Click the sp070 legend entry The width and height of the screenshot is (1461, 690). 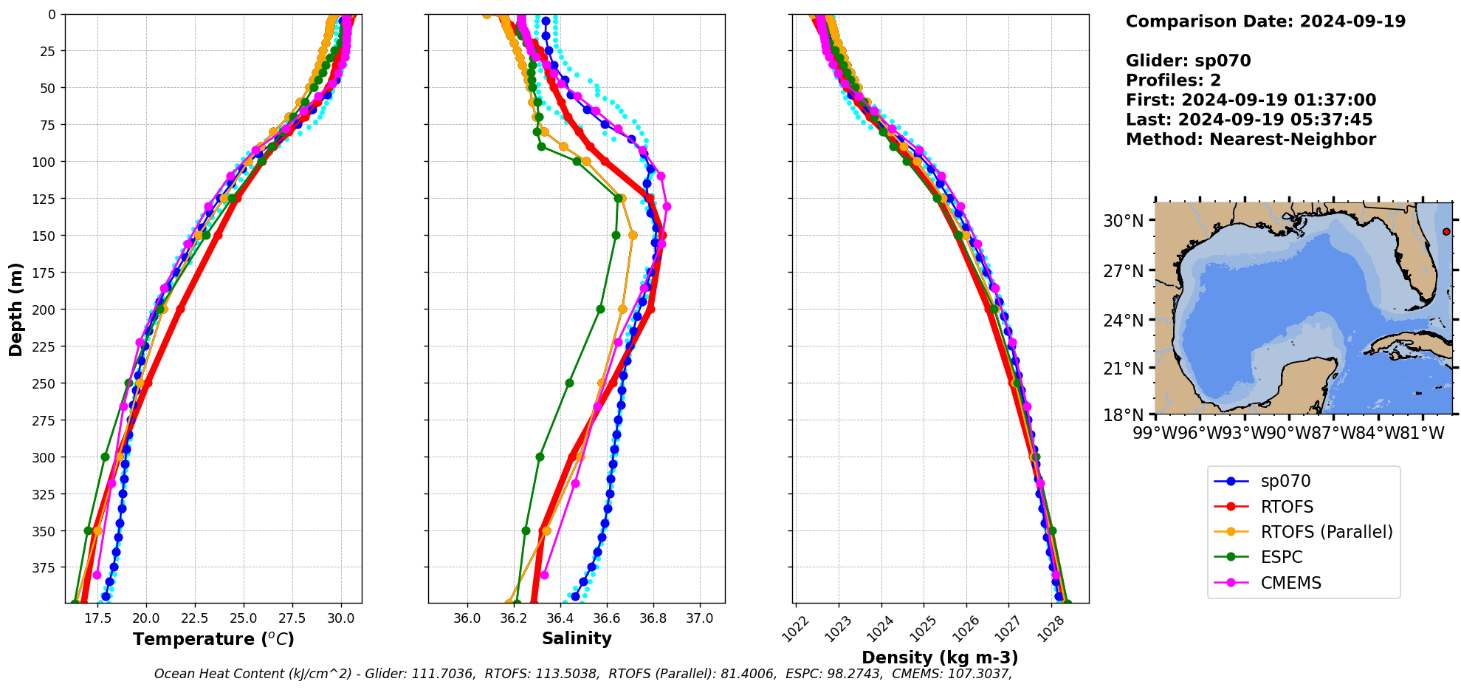[1285, 481]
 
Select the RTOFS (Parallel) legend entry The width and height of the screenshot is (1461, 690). [1326, 532]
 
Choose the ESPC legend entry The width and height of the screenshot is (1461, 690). [1281, 557]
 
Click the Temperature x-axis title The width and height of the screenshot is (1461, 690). [213, 639]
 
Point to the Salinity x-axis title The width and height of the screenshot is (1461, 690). [577, 639]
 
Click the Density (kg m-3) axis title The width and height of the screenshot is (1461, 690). [940, 657]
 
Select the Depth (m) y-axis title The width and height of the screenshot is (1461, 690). [16, 309]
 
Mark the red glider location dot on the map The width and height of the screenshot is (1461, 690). [1446, 232]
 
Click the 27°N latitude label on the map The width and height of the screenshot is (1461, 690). [1124, 271]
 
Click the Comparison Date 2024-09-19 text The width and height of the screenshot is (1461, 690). [1265, 21]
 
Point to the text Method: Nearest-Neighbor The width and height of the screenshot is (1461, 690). [1251, 140]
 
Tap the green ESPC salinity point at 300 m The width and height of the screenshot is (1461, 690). [540, 457]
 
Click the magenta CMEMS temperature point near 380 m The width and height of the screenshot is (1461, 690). [97, 575]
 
